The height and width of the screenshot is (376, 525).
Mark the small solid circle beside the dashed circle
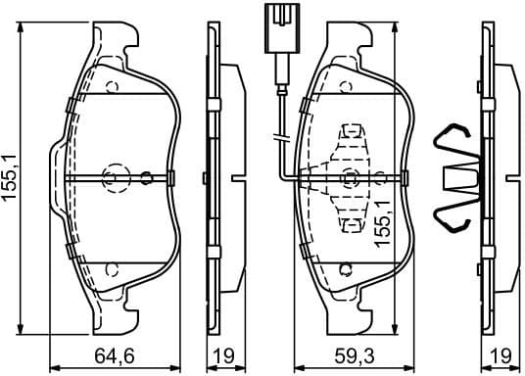coord(146,178)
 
